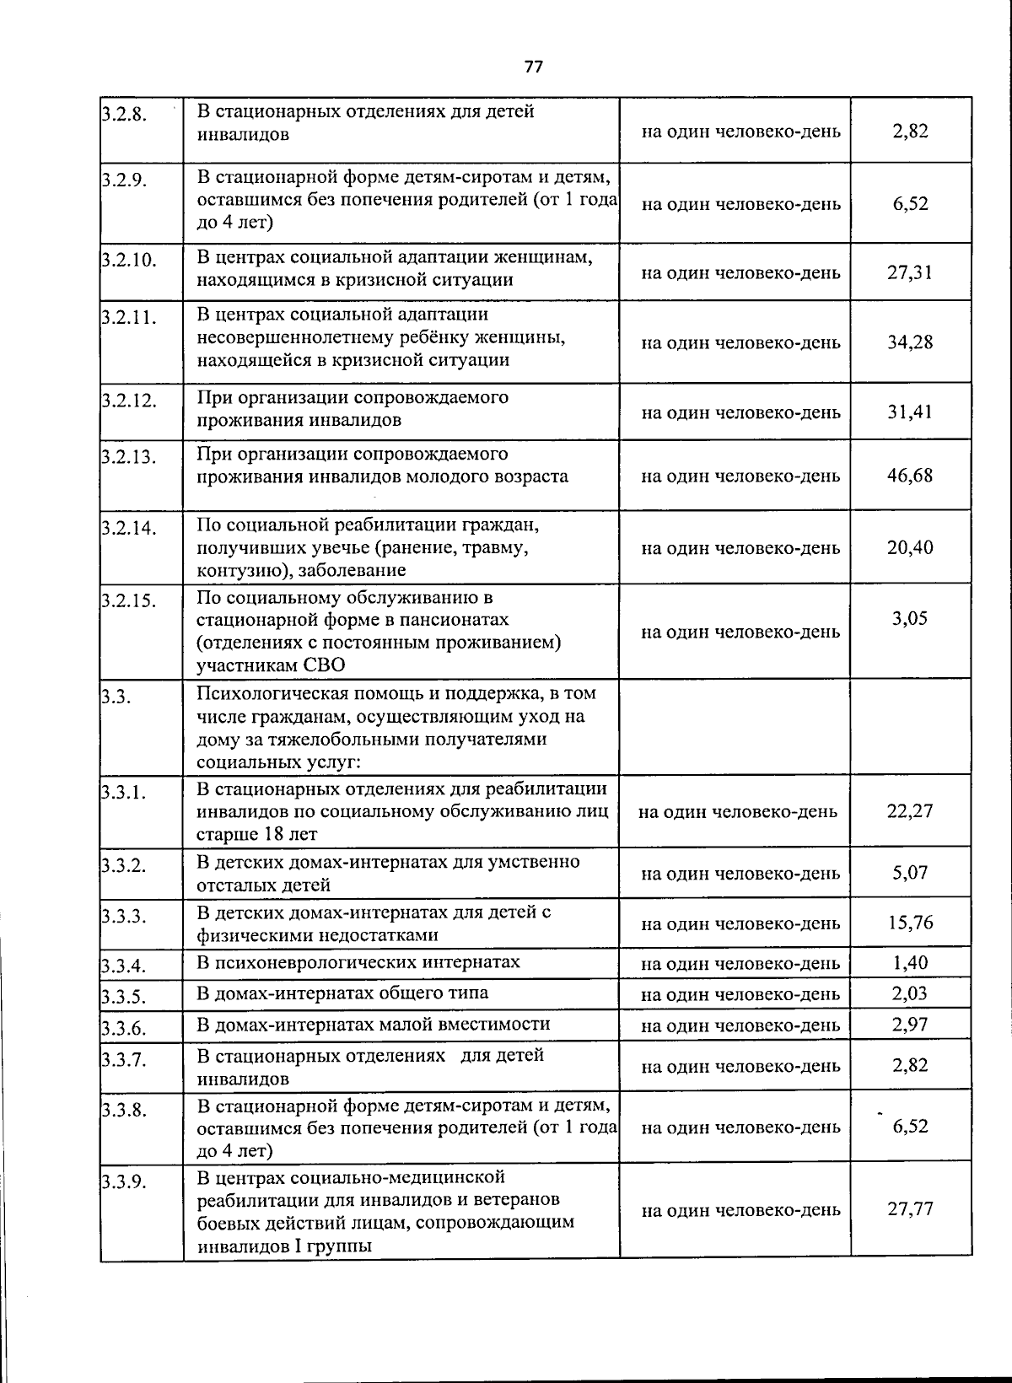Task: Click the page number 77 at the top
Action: coord(532,67)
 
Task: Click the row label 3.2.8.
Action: coord(124,115)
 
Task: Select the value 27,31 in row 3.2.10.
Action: coord(909,272)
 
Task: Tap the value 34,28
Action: coord(909,342)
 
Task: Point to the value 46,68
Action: coord(909,476)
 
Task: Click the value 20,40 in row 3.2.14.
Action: coord(909,547)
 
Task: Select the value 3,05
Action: coord(909,618)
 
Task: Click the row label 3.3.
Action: coord(112,697)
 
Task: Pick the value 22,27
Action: coord(909,811)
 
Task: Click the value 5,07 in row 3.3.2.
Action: coord(909,873)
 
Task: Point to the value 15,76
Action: coord(909,923)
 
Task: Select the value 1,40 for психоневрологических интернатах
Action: coord(909,962)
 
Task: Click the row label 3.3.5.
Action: coord(124,998)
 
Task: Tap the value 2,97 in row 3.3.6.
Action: coord(909,1025)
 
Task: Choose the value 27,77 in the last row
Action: coord(909,1209)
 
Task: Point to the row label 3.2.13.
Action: coord(128,458)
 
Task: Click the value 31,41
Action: coord(909,412)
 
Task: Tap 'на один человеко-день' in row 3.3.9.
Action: coord(740,1210)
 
